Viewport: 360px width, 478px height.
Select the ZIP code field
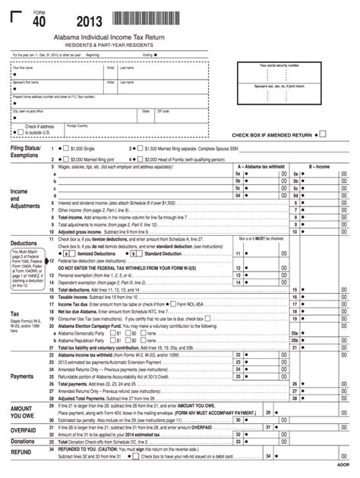(179, 115)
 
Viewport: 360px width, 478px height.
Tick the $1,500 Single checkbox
(65, 149)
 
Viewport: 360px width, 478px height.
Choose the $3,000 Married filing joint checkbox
(65, 159)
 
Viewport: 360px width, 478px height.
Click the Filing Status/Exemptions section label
(25, 153)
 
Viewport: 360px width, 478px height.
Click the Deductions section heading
(24, 244)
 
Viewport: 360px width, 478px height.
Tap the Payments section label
(22, 376)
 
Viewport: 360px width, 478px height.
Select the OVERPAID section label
(24, 429)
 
